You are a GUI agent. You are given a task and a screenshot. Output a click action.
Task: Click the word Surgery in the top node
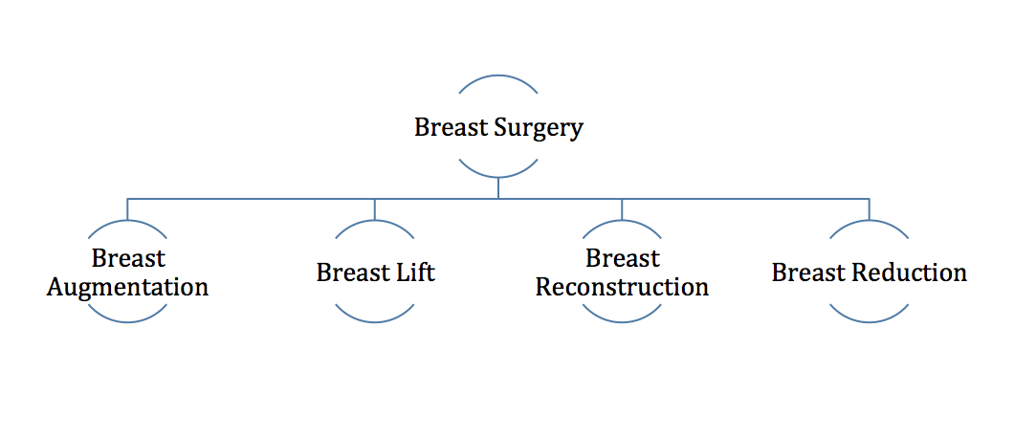pos(538,128)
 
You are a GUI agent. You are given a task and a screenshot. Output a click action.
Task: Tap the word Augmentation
pos(128,287)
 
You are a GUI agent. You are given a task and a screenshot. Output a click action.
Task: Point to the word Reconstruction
pos(622,286)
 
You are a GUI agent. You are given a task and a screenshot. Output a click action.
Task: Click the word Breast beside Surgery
pos(451,127)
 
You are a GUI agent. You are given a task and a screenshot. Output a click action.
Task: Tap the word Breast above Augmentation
pos(128,258)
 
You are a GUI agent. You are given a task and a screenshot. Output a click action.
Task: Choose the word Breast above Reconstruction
pos(622,258)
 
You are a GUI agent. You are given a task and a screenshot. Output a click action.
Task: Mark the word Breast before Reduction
pos(807,272)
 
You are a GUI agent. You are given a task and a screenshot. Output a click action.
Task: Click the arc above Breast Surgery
pos(498,76)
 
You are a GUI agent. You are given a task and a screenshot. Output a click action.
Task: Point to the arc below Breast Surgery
pos(498,176)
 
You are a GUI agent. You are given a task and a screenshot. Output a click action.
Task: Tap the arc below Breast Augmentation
pos(127,321)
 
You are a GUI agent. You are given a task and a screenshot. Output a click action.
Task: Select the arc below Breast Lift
pos(374,321)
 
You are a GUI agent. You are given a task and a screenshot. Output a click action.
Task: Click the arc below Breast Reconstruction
pos(622,321)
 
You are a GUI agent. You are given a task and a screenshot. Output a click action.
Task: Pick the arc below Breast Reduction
pos(869,321)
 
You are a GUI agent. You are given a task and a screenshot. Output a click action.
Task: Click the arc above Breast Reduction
pos(869,220)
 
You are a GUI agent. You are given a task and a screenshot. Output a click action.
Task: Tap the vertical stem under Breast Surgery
pos(498,188)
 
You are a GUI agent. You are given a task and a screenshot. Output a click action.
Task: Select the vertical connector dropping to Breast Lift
pos(374,208)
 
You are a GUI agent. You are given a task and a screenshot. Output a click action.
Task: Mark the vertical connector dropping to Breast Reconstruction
pos(622,208)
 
